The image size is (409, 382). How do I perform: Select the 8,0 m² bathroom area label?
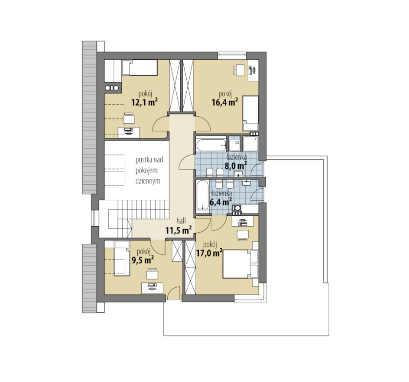tap(236, 166)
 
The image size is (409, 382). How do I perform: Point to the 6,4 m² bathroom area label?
tap(221, 202)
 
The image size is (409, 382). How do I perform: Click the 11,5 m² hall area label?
tap(179, 231)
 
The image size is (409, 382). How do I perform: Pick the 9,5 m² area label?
tap(143, 260)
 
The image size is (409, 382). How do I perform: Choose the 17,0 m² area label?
tap(209, 253)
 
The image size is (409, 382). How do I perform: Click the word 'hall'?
tap(181, 221)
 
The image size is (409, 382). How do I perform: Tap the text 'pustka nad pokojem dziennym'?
tap(149, 170)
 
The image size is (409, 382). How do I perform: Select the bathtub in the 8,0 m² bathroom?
tap(211, 145)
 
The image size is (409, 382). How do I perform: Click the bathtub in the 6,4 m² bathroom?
tap(203, 195)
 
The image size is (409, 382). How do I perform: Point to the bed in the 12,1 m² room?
tap(140, 67)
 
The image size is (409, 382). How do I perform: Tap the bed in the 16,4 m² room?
tap(250, 113)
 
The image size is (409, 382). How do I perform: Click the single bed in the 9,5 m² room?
tap(122, 258)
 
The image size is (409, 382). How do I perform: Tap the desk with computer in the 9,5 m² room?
tap(153, 288)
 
